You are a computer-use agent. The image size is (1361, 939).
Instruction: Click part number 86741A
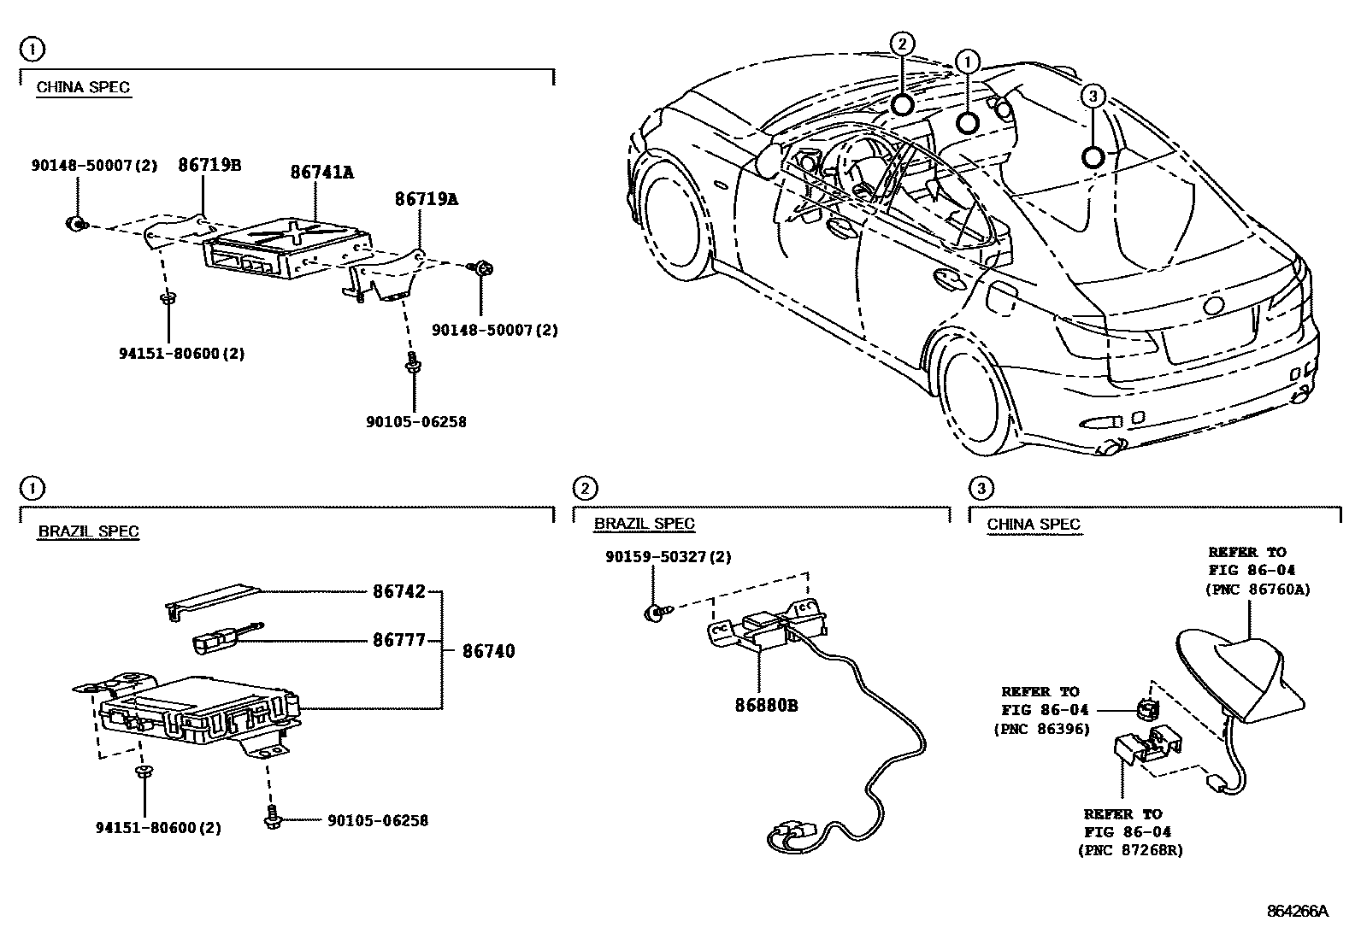(321, 172)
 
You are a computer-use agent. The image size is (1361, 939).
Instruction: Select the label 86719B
(209, 165)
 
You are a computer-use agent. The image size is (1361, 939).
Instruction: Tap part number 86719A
(426, 199)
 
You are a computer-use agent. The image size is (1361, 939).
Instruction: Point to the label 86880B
(766, 705)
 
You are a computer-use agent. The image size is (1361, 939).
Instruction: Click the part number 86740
(488, 651)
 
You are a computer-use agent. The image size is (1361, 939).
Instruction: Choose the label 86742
(398, 591)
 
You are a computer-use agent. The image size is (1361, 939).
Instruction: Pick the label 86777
(398, 639)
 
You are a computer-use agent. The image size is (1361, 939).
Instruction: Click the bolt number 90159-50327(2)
(668, 556)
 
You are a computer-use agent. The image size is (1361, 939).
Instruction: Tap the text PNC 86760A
(1257, 589)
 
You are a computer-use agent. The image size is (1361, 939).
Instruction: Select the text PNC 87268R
(1130, 850)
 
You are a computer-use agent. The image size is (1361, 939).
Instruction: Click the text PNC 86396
(1041, 729)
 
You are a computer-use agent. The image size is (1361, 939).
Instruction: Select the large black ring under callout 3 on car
(1093, 156)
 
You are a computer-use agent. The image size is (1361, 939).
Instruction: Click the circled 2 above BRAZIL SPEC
(584, 488)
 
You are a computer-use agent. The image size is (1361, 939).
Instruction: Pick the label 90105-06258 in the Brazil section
(377, 820)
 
